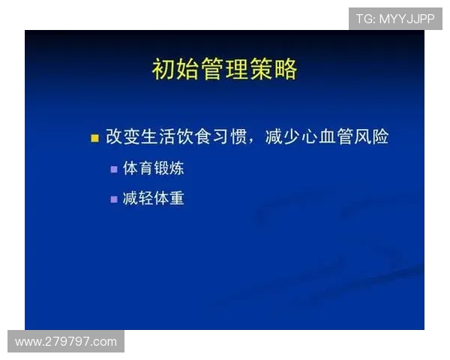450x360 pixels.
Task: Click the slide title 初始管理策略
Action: point(224,69)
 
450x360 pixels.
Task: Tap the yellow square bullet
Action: point(94,138)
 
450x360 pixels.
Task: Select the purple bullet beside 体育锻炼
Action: point(114,169)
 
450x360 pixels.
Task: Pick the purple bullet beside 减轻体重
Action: point(114,199)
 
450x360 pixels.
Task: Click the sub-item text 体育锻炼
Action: point(153,169)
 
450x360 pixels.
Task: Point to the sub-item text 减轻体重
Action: point(153,199)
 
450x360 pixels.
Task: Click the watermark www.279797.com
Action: point(66,342)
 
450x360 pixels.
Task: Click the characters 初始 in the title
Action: point(170,69)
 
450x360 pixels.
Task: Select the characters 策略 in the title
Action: point(279,69)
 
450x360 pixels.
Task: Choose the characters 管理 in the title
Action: point(224,69)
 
